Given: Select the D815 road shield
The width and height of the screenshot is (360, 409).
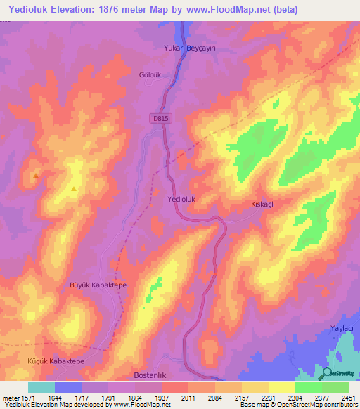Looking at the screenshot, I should click(x=161, y=119).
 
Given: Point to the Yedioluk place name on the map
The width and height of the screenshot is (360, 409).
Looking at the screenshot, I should click(x=182, y=200).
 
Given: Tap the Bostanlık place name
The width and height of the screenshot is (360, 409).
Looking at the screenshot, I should click(x=149, y=375).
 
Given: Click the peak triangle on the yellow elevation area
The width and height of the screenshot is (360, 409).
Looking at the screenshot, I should click(x=74, y=189).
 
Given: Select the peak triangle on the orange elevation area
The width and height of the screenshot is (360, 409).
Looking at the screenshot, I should click(x=35, y=175).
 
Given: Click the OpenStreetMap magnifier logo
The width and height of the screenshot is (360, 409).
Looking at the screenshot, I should click(x=328, y=372).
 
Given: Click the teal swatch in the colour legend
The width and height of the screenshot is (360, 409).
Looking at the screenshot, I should click(x=41, y=387).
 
